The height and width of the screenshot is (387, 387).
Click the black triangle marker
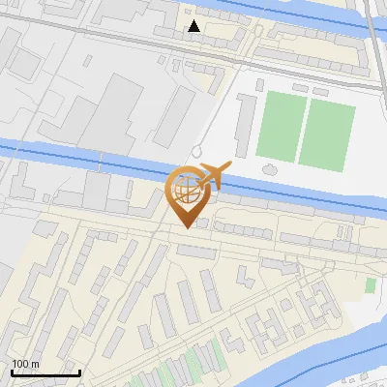coord(194,26)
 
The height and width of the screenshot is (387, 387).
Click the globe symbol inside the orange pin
coord(185,188)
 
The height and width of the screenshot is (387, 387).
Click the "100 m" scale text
coord(26,364)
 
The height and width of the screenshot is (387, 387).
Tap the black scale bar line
coord(45,372)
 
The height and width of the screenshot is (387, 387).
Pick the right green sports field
coord(326,134)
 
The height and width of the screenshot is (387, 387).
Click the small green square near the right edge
coord(371,285)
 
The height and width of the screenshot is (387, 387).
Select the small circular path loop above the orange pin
coord(196,152)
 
